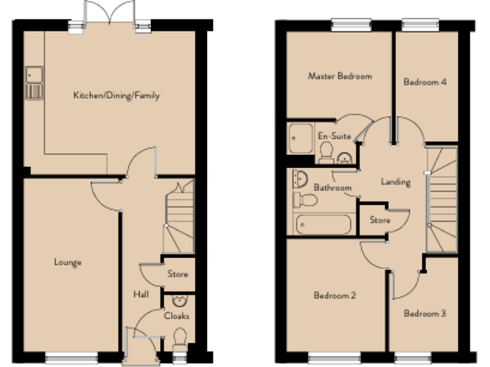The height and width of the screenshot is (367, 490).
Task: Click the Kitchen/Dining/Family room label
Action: pyautogui.click(x=116, y=96)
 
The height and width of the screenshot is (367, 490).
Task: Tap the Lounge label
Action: pyautogui.click(x=68, y=262)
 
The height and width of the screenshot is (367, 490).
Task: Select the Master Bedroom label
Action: pyautogui.click(x=339, y=76)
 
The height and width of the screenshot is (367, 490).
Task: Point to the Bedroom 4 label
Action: pyautogui.click(x=424, y=82)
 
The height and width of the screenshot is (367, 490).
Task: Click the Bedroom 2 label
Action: pyautogui.click(x=334, y=296)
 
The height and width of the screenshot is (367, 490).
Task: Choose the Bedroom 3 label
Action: pyautogui.click(x=424, y=314)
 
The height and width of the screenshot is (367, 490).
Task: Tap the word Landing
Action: pyautogui.click(x=396, y=182)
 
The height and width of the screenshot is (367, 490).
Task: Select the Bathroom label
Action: pyautogui.click(x=332, y=188)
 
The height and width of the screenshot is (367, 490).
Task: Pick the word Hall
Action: pyautogui.click(x=141, y=294)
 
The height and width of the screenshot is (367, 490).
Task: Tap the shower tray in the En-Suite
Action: pyautogui.click(x=300, y=138)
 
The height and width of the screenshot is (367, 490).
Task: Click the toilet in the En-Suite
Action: pyautogui.click(x=326, y=152)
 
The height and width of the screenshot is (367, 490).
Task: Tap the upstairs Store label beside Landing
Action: pyautogui.click(x=380, y=220)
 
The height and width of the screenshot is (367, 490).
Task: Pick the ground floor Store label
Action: pyautogui.click(x=177, y=275)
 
